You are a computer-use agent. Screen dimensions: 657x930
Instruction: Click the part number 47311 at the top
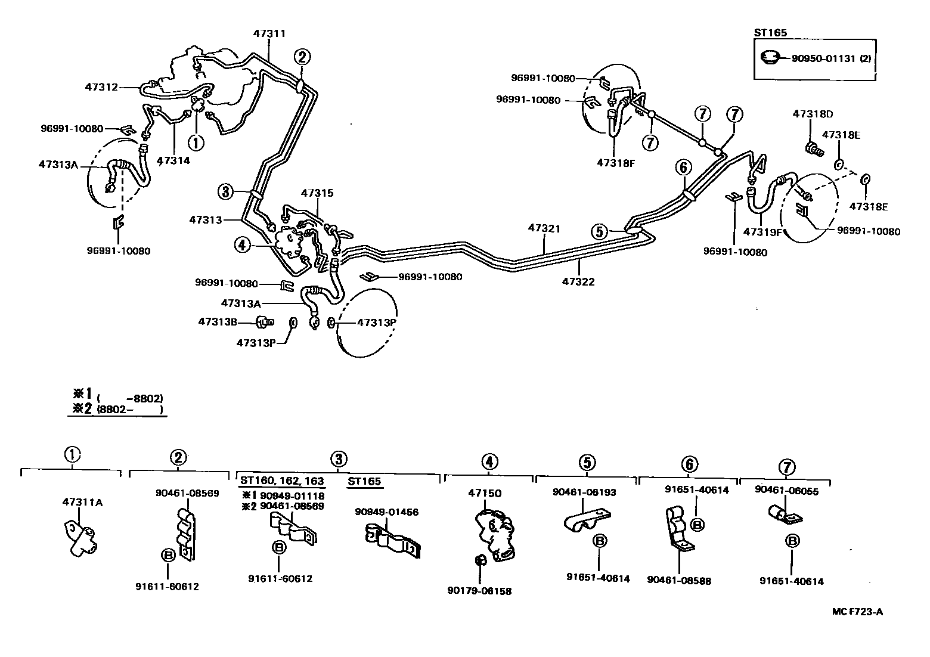pyautogui.click(x=269, y=33)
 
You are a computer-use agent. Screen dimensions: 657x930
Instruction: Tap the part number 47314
pyautogui.click(x=173, y=160)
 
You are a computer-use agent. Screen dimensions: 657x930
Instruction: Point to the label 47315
pyautogui.click(x=317, y=193)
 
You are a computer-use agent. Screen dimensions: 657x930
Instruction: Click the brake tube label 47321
pyautogui.click(x=544, y=228)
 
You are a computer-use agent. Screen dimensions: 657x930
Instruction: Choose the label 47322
pyautogui.click(x=578, y=281)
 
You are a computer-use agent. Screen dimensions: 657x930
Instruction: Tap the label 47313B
pyautogui.click(x=218, y=322)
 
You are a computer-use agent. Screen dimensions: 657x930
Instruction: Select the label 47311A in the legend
pyautogui.click(x=82, y=502)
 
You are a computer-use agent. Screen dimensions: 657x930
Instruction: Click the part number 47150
pyautogui.click(x=485, y=493)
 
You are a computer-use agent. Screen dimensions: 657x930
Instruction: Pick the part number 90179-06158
pyautogui.click(x=479, y=591)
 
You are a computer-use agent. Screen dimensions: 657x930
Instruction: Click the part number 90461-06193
pyautogui.click(x=584, y=492)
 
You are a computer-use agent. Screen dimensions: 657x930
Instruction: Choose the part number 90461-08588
pyautogui.click(x=678, y=581)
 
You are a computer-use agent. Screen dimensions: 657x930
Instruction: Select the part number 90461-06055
pyautogui.click(x=786, y=491)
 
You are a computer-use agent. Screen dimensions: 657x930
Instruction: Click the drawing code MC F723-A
pyautogui.click(x=857, y=612)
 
